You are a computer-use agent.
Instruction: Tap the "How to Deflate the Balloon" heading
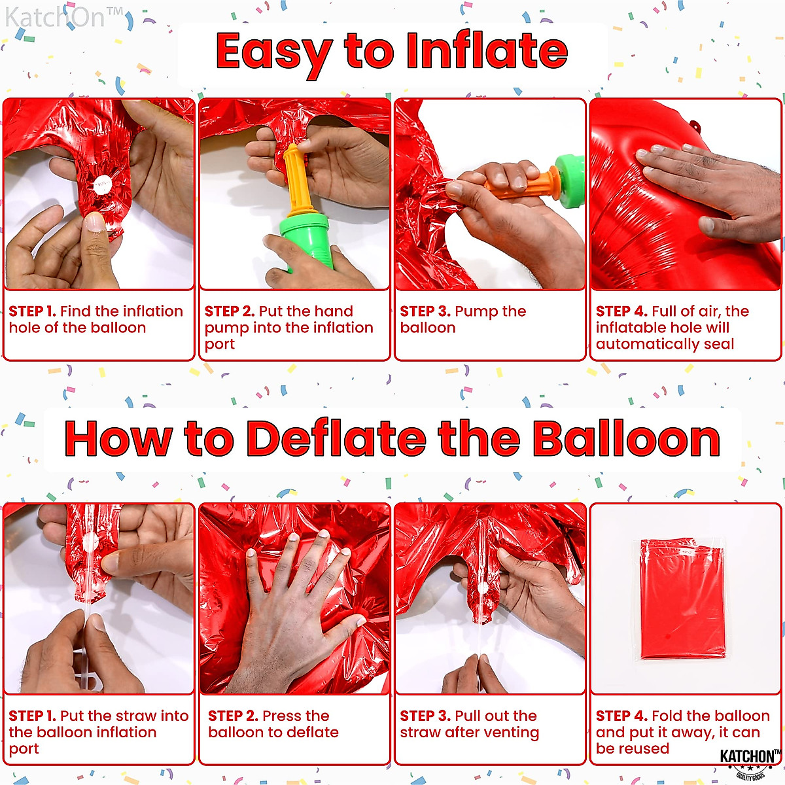coord(392,438)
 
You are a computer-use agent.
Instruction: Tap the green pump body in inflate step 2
coord(306,242)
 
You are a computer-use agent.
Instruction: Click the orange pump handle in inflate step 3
coord(517,186)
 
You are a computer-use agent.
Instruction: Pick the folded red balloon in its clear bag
coord(682,599)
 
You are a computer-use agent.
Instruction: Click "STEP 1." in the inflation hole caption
coord(32,311)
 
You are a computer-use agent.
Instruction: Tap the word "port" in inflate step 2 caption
coord(219,345)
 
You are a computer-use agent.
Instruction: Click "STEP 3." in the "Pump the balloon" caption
coord(425,311)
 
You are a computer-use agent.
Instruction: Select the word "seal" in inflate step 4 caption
coord(718,344)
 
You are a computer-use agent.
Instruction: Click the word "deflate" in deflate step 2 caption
coord(313,733)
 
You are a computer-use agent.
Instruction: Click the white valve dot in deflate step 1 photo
coord(90,541)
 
